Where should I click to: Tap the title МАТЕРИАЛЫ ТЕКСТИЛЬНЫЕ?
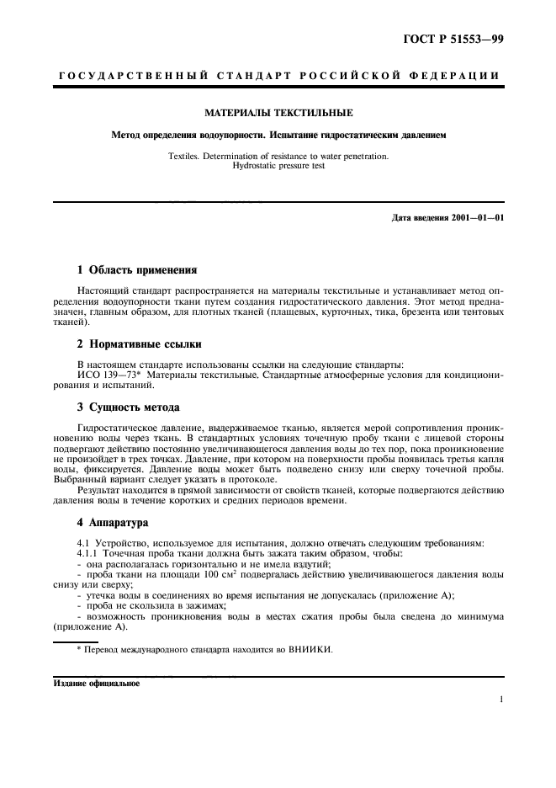coord(278,112)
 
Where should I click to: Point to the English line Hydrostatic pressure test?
coord(278,166)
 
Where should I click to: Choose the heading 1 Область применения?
coord(136,270)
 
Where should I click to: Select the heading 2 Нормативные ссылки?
coord(139,344)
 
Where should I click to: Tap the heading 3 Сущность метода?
coord(128,407)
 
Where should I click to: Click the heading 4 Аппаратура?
coord(112,522)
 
